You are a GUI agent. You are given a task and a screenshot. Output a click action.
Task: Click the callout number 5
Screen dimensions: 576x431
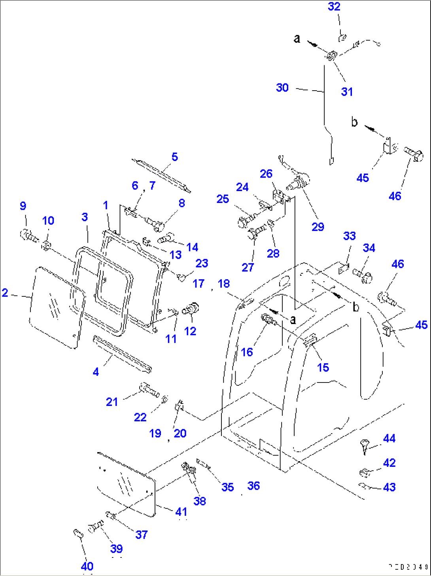pos(175,157)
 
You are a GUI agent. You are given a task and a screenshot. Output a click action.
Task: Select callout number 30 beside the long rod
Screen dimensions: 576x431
pos(282,87)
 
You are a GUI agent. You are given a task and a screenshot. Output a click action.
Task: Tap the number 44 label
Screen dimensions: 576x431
pos(389,438)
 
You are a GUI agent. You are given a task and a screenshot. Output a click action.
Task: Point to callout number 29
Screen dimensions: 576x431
pos(318,227)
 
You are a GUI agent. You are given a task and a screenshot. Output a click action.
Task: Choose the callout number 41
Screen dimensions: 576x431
pos(181,512)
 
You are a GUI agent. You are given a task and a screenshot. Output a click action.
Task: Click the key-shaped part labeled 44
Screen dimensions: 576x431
pos(364,446)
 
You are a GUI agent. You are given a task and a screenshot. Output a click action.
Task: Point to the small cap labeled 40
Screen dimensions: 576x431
pos(78,534)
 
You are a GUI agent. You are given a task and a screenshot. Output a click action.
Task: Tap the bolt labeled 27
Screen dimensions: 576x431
pos(257,231)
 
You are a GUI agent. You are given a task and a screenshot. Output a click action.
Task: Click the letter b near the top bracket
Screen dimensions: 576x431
pos(354,122)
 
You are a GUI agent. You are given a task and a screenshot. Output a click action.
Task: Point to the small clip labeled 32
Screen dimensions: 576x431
pos(342,38)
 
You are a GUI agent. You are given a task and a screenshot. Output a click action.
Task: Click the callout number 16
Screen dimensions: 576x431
pos(247,352)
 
